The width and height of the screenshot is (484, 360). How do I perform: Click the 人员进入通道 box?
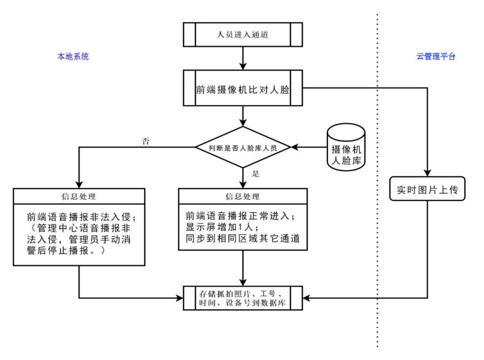243,36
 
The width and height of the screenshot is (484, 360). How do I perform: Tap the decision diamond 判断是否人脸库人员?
243,146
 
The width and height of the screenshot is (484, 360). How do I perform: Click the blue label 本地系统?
73,57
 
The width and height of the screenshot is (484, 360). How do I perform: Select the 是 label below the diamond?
255,174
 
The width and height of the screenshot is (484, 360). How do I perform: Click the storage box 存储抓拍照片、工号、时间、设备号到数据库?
243,298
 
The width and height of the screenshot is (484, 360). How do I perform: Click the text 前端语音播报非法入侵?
79,217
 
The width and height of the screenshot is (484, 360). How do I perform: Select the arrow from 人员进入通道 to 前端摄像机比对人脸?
243,59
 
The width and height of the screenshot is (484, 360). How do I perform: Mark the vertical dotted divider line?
377,197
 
